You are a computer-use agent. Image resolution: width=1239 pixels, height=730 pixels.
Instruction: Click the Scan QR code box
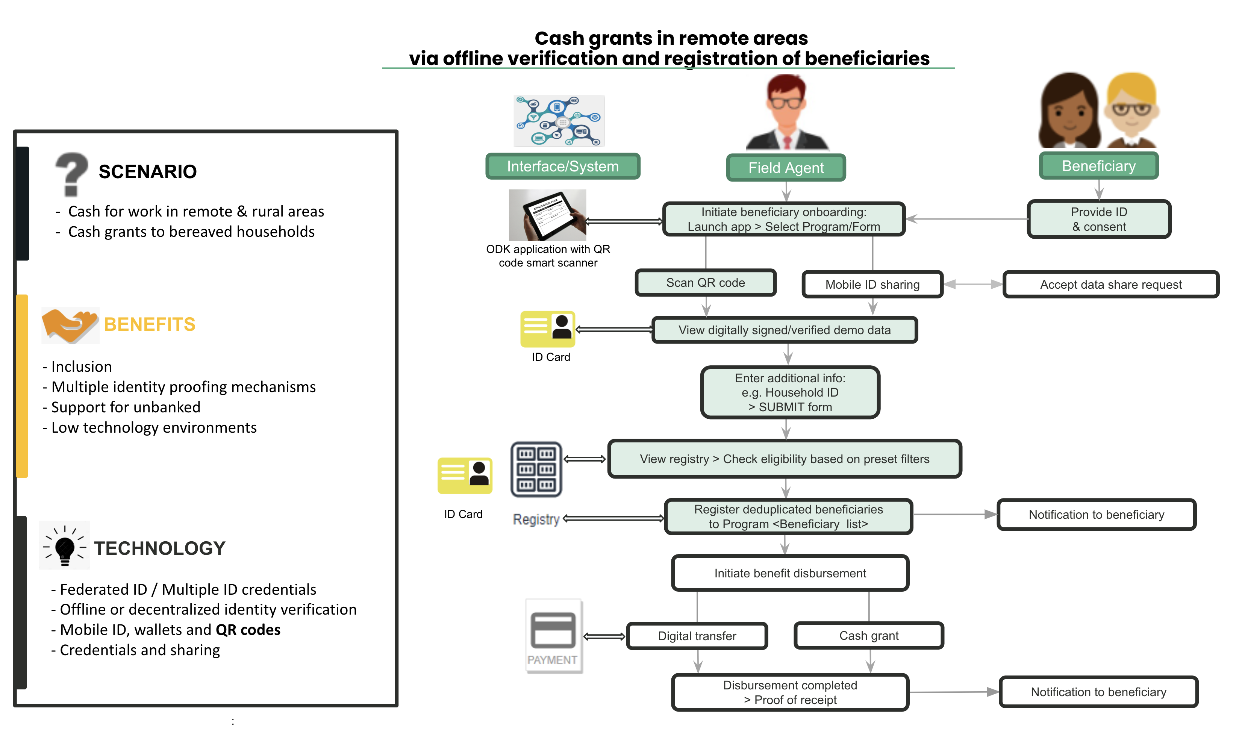click(705, 283)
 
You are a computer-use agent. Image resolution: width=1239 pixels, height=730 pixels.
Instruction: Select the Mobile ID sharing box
click(872, 284)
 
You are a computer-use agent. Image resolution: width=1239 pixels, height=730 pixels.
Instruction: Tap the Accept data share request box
click(1110, 284)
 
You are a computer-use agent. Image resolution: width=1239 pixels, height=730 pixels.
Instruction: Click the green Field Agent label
click(786, 168)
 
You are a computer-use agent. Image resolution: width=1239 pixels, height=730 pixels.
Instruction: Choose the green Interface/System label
click(562, 166)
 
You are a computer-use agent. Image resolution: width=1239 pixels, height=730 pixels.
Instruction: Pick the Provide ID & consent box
click(1098, 219)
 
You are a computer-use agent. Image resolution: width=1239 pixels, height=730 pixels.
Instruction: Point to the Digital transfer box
click(697, 636)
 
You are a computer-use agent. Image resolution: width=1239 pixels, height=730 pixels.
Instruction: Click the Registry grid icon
click(536, 469)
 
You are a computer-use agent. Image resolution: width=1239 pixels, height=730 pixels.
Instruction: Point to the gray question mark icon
click(71, 173)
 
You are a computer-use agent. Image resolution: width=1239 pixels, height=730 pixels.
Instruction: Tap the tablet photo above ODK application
click(547, 215)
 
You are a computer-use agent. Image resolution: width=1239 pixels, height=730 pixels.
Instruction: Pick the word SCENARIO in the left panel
click(148, 172)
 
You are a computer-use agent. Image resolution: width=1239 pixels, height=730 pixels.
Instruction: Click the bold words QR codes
click(248, 629)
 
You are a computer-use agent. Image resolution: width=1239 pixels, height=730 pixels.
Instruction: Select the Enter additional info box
click(789, 392)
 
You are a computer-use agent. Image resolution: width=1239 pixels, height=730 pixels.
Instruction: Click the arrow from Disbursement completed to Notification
click(952, 692)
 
